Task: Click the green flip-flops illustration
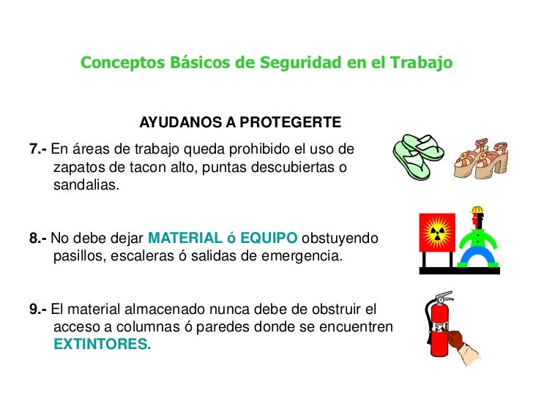[420, 155]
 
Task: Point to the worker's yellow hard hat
[477, 211]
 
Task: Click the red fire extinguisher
[439, 329]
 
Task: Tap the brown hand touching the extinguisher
[455, 339]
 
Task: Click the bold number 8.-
[38, 239]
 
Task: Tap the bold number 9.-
[38, 309]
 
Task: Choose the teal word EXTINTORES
[102, 344]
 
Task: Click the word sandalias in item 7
[85, 185]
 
